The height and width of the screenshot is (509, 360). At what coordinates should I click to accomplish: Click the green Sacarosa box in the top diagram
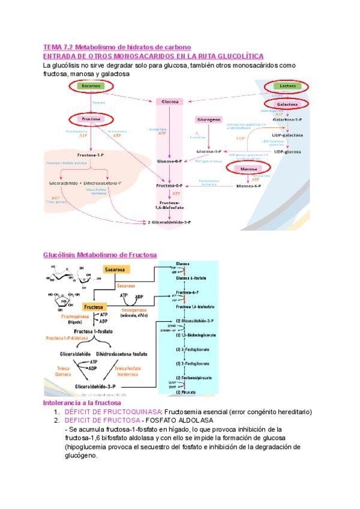91,86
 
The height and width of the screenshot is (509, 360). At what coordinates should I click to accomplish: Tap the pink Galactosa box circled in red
287,104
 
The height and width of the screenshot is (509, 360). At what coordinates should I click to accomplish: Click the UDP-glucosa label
287,152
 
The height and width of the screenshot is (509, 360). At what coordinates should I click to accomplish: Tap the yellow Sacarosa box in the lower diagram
115,271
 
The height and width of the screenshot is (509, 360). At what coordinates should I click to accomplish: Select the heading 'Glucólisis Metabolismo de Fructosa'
100,254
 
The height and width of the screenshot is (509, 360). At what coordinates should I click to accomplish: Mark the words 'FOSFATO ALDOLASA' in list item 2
176,420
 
